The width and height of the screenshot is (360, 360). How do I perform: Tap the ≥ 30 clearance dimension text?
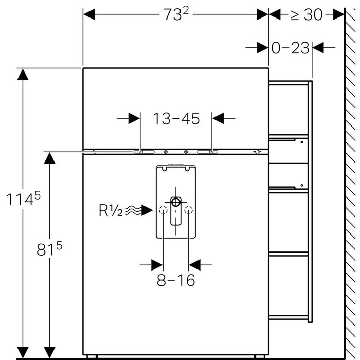pyautogui.click(x=307, y=15)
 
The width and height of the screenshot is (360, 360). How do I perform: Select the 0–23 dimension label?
pyautogui.click(x=291, y=48)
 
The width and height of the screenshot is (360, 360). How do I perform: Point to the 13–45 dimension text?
pyautogui.click(x=176, y=118)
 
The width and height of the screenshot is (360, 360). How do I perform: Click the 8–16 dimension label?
pyautogui.click(x=176, y=281)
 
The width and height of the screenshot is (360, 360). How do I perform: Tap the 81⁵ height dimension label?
pyautogui.click(x=50, y=249)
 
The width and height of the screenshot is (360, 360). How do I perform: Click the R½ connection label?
pyautogui.click(x=111, y=210)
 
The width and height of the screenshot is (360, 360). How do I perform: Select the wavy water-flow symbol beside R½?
pyautogui.click(x=133, y=210)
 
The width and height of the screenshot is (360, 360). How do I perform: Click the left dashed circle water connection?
pyautogui.click(x=164, y=210)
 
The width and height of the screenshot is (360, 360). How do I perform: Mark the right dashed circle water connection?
pyautogui.click(x=189, y=210)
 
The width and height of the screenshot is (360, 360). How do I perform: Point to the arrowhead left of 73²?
pyautogui.click(x=89, y=15)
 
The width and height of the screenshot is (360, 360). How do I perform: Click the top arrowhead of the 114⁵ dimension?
pyautogui.click(x=22, y=75)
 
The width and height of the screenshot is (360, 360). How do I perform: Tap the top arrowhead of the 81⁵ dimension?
pyautogui.click(x=49, y=158)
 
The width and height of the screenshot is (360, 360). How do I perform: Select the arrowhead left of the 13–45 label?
pyautogui.click(x=134, y=118)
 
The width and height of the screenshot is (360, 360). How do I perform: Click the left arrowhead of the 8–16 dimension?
pyautogui.click(x=157, y=265)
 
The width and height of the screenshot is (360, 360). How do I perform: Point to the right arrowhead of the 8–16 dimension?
pyautogui.click(x=195, y=265)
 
